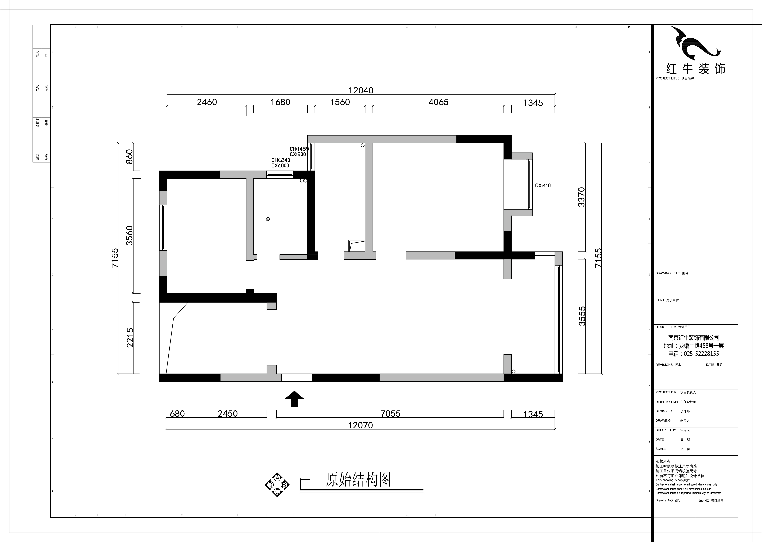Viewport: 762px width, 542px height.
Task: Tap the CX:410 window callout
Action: click(x=543, y=186)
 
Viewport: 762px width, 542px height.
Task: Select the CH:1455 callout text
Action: click(x=299, y=149)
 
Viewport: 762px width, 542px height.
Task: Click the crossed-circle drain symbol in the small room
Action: click(x=268, y=219)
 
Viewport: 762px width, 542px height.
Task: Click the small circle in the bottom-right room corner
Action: click(x=513, y=371)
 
